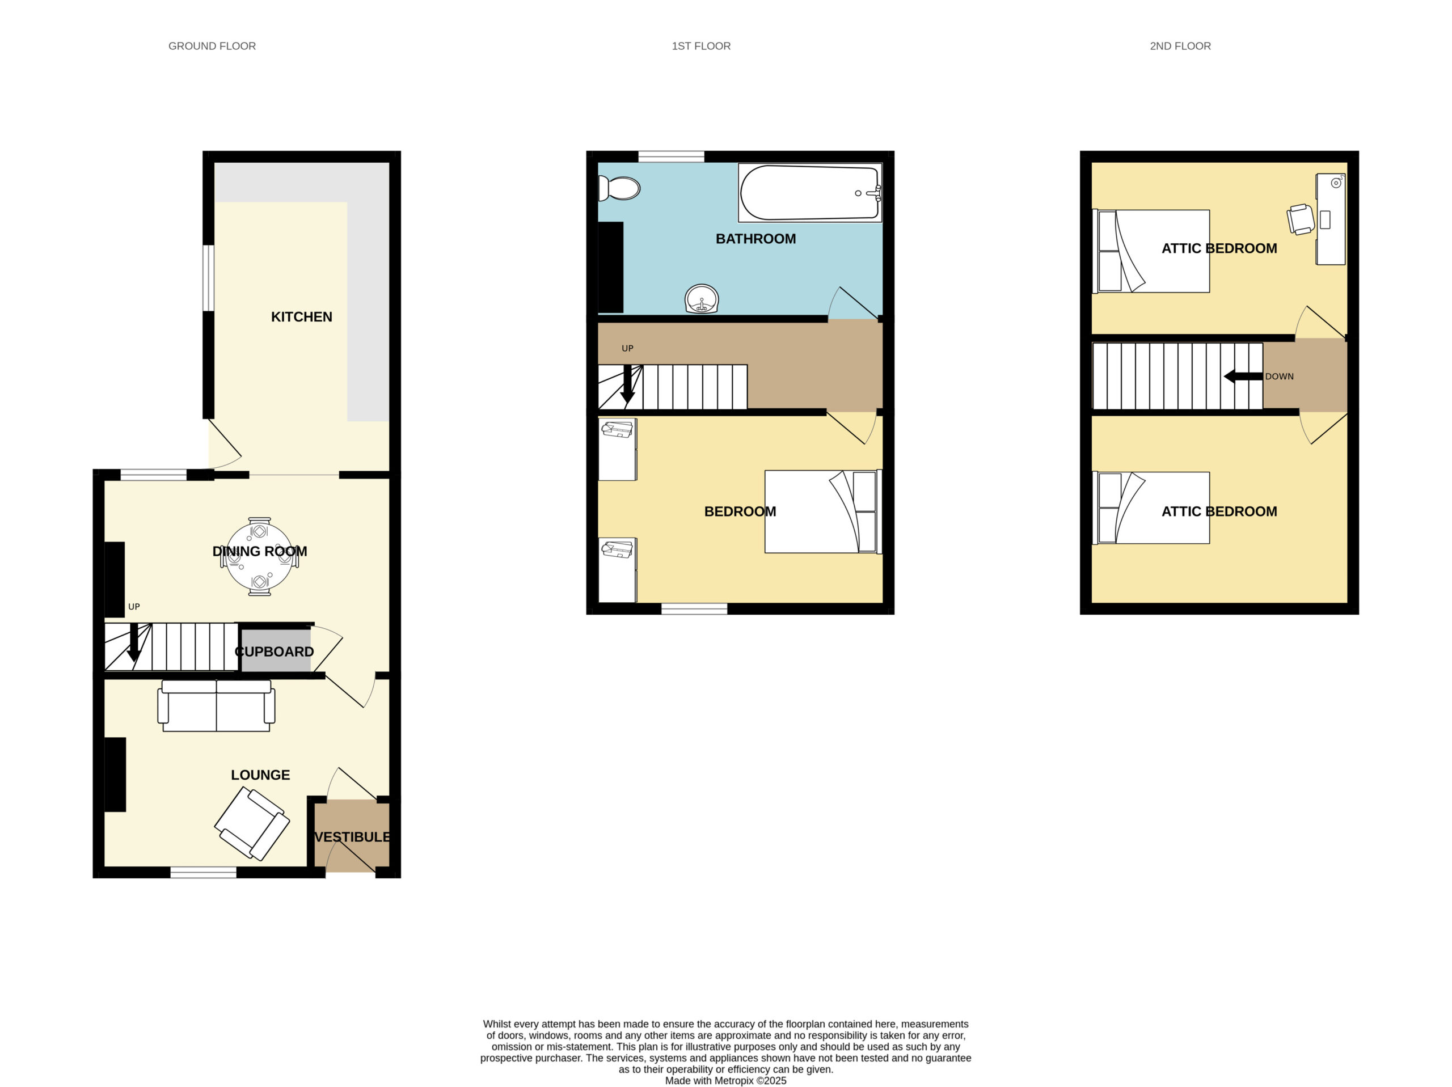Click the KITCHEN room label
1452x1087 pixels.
click(301, 317)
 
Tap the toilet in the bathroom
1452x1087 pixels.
click(619, 189)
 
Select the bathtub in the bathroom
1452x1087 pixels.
click(810, 193)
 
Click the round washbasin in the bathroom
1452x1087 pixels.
click(701, 299)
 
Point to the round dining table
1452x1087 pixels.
click(259, 557)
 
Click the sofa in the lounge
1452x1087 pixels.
click(216, 705)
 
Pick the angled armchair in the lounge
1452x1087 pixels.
click(252, 824)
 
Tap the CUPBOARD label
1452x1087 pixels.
click(275, 652)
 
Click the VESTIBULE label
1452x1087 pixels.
click(352, 837)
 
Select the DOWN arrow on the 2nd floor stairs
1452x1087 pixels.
click(1243, 377)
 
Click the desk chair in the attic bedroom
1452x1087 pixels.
click(1301, 218)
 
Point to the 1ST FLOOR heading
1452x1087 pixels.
click(701, 46)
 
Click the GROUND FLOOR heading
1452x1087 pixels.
click(212, 46)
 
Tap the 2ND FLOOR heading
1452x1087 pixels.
click(1180, 46)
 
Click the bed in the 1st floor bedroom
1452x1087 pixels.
click(823, 511)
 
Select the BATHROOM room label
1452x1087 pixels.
click(755, 239)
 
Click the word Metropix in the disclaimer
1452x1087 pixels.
click(734, 1080)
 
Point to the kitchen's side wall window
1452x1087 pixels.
click(208, 278)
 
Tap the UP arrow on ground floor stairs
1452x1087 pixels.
click(134, 642)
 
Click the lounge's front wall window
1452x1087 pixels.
click(204, 872)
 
